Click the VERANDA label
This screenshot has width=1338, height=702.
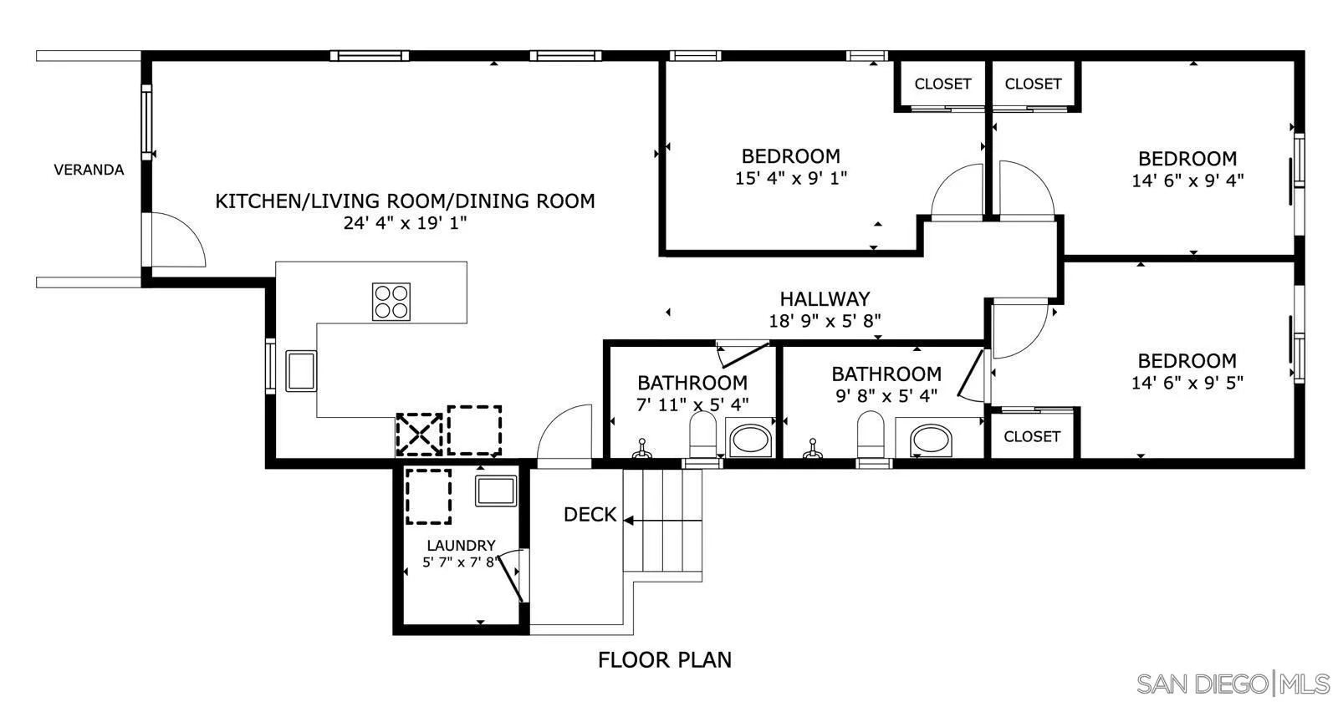[89, 170]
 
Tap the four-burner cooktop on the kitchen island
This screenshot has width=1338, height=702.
[391, 302]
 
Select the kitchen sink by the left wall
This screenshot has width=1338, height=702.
[301, 371]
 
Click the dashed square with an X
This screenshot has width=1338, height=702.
[418, 435]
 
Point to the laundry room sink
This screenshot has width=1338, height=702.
[497, 491]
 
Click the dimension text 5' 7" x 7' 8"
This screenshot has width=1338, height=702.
[460, 562]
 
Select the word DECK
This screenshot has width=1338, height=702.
[590, 515]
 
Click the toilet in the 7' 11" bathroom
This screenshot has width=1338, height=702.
[702, 437]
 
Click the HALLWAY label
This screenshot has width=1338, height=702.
[825, 298]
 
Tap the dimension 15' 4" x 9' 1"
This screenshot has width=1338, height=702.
[791, 178]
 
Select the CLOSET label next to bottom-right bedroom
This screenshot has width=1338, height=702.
[1032, 436]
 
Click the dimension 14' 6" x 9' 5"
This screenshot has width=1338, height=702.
[1187, 383]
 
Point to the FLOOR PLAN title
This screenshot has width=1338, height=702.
[664, 660]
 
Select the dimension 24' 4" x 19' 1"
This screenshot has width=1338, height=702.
[405, 223]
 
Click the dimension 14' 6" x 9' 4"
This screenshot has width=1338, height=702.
[1187, 181]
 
